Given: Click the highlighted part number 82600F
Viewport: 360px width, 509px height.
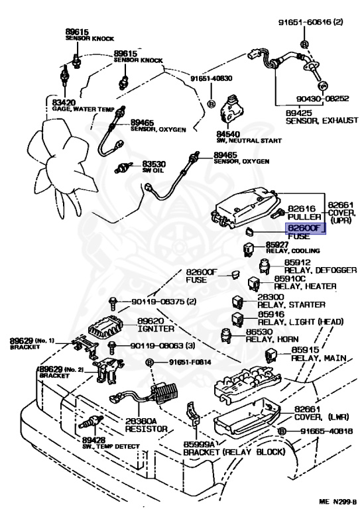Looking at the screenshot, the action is point(304,228).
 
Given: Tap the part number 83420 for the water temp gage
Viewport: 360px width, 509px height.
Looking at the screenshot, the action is point(64,103).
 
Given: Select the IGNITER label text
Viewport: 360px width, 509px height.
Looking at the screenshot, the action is point(156,329).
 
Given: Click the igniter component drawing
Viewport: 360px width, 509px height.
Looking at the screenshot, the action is point(105,325).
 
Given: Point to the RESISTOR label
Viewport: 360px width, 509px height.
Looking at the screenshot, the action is point(146,429).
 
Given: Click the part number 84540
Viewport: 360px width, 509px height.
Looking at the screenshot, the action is point(228,134).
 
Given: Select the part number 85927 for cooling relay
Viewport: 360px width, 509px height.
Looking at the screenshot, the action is point(277,245).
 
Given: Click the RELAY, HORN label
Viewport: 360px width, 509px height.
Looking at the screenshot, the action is point(272,339).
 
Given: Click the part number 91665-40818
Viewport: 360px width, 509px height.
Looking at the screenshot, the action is point(326,431).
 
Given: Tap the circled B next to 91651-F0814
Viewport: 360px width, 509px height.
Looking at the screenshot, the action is point(149,362).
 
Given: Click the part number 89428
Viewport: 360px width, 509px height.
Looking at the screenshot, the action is point(93,440).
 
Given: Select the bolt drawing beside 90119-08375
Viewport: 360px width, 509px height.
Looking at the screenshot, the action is point(112,304).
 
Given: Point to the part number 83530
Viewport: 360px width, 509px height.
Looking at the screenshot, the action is point(154,164).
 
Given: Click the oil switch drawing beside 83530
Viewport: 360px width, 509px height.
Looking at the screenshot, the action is point(123,168).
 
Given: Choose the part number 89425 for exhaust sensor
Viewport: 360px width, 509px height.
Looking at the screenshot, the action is point(298,113).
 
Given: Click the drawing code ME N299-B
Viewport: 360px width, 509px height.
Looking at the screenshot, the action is point(337,502).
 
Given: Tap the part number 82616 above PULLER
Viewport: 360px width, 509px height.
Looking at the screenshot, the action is point(302,208).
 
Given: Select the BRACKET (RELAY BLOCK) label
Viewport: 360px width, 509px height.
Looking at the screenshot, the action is point(234,452).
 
